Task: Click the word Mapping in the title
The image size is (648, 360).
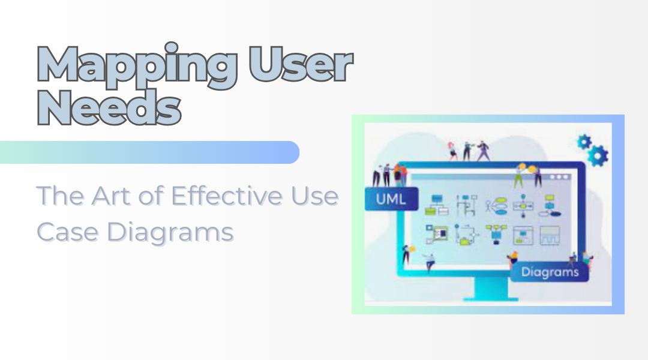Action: pos(137,65)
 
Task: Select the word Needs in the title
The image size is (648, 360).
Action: pos(110,107)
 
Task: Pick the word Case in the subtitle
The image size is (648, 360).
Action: pos(68,232)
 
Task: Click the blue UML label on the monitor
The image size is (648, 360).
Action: pos(391,199)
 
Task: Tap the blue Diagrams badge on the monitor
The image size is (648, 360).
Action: pos(550,272)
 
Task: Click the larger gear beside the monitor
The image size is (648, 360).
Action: pos(598,155)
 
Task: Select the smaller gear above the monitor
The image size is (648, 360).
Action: pos(584,142)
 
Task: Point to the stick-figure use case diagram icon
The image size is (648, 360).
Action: pos(496,206)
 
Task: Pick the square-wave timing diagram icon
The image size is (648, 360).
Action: pos(550,236)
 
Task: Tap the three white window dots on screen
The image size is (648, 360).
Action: pos(560,177)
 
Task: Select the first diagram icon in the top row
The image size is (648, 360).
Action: pos(436,205)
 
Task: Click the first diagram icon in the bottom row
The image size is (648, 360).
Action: pos(436,235)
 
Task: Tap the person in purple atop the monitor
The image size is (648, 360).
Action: pos(482,151)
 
